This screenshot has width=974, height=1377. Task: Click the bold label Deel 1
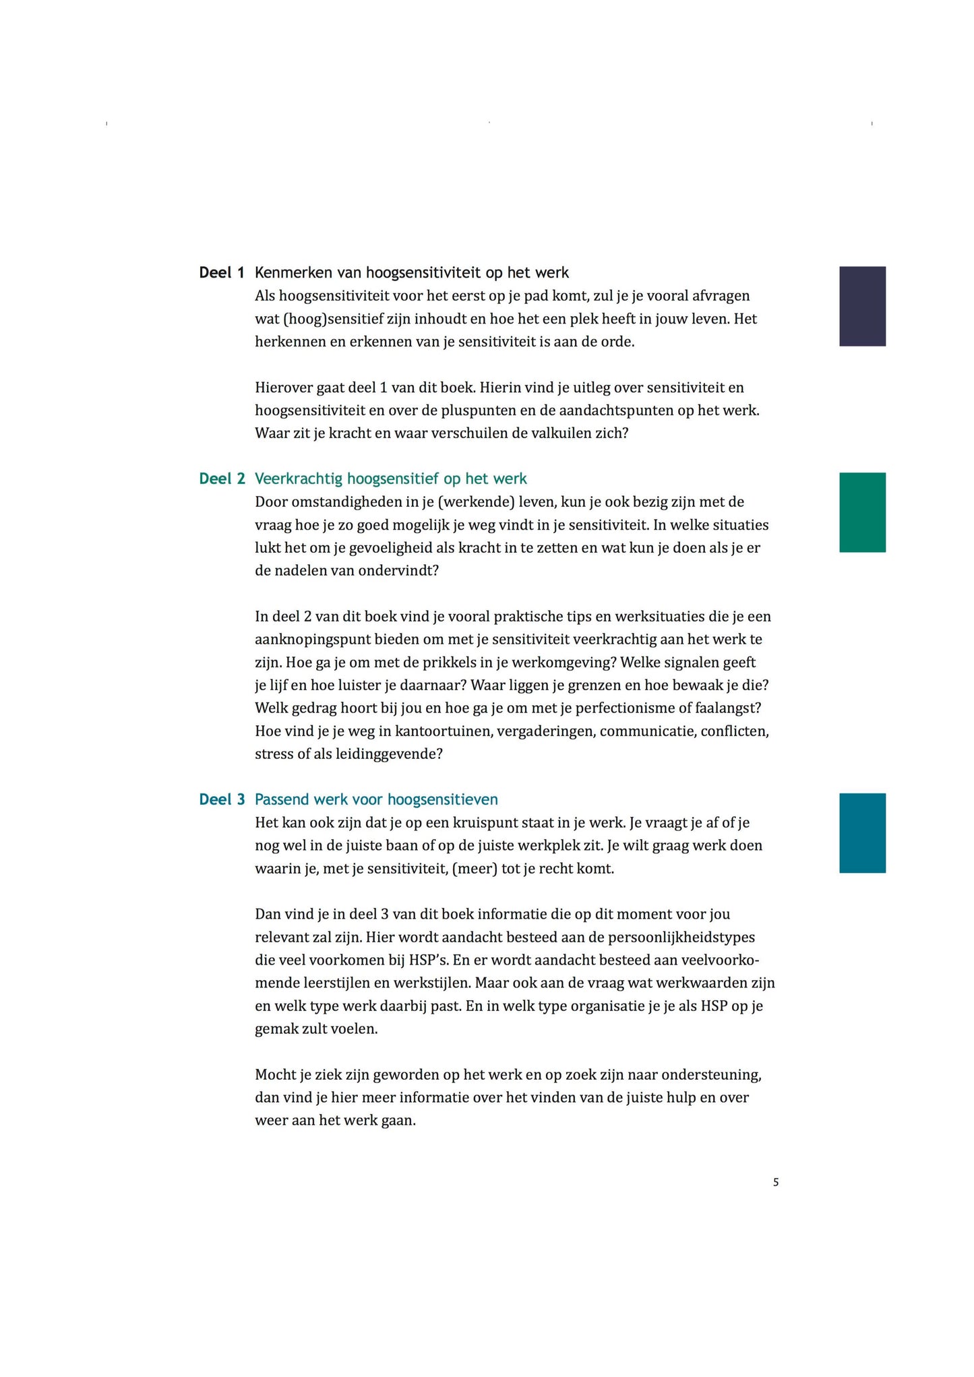(221, 273)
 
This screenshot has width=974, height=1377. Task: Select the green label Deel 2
(222, 479)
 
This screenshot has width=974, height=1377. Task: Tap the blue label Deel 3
(222, 800)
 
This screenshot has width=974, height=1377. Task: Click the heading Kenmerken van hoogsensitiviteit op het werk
(411, 273)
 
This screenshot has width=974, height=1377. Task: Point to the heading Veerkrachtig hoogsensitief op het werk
(390, 479)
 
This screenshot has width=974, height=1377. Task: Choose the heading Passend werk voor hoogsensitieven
(376, 800)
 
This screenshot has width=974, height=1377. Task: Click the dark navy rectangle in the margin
(862, 306)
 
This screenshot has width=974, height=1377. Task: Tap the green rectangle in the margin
(862, 512)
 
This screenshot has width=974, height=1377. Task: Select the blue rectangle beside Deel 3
(862, 833)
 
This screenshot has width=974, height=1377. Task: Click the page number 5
(776, 1182)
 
